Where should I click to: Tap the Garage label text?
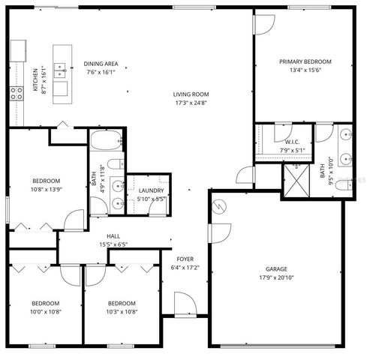point(276,268)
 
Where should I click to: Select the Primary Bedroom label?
point(305,61)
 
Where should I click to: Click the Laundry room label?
point(151,191)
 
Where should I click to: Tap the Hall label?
point(113,235)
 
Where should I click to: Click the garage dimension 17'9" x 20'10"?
point(276,277)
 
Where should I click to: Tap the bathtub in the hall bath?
point(103,140)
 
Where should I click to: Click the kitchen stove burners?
point(16,94)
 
